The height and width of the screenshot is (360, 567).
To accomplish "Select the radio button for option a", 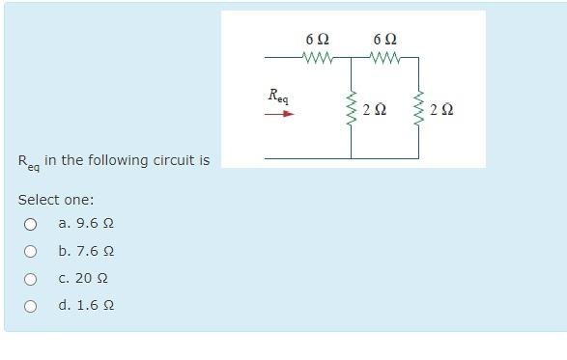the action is point(30,224).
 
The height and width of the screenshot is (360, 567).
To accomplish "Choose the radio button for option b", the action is point(30,252).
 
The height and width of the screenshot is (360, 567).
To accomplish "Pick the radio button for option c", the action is point(30,279).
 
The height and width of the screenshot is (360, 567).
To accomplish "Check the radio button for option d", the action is point(30,307).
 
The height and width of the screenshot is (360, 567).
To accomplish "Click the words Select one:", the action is point(56,200).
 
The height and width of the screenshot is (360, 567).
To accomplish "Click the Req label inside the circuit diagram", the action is point(278,97).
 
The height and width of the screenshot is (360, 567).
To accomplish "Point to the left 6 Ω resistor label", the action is point(317,40).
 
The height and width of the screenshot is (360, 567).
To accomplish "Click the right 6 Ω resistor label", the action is point(384,40).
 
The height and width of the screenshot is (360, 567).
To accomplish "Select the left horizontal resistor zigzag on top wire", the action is point(318,58).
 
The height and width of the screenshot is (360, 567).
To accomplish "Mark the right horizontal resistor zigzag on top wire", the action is point(385,58).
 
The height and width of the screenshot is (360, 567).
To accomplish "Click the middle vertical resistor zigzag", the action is point(351,110).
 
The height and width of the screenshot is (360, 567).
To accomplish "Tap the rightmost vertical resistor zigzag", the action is point(419,110).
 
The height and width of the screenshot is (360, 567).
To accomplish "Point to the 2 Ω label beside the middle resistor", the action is point(374,110).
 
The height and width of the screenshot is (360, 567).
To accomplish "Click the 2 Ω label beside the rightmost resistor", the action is point(441,110).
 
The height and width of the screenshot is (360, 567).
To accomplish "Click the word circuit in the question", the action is point(167,160).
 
